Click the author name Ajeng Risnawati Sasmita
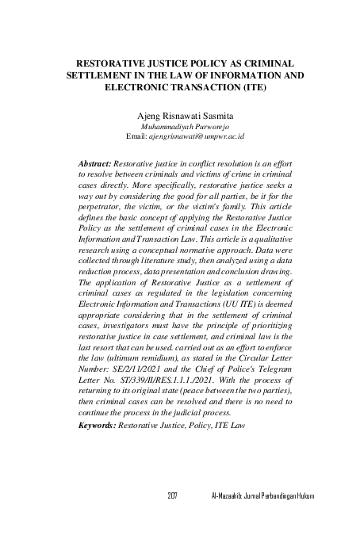pos(179,115)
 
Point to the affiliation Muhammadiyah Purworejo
pos(179,126)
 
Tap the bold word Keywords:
pos(98,426)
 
